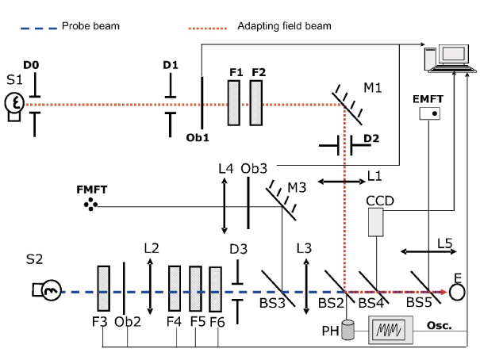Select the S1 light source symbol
pos(13,103)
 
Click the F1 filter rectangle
pos(234,103)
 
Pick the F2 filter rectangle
pos(255,103)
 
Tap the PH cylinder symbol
pos(347,331)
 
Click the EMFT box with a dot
pos(429,114)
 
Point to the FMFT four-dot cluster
pos(93,206)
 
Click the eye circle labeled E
pos(457,292)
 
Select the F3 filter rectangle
pos(103,291)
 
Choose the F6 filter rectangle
pos(215,291)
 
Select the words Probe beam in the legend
pos(90,26)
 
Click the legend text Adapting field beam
pos(284,26)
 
